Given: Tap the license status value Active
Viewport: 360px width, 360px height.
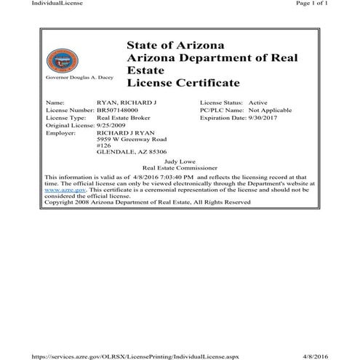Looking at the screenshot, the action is (257, 103).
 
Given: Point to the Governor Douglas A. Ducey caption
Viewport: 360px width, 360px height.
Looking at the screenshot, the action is (79, 77).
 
